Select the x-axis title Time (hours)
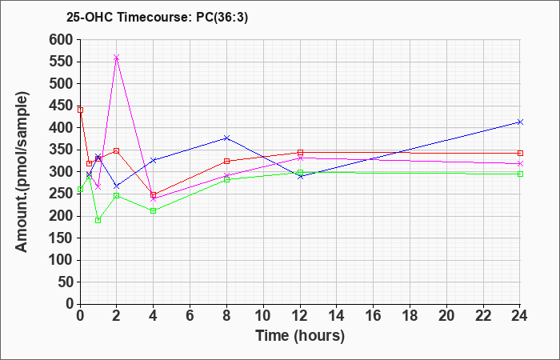tap(300, 335)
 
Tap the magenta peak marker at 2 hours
tap(117, 58)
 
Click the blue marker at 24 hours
tap(520, 122)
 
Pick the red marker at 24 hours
tap(520, 153)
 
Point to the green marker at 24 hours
tap(520, 174)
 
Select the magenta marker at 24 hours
tap(520, 164)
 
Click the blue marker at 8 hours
tap(227, 138)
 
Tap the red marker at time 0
tap(80, 110)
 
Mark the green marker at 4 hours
tap(154, 210)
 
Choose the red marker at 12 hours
tap(300, 152)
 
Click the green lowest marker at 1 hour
tap(98, 220)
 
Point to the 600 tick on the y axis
tap(61, 39)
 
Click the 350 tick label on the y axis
tap(61, 150)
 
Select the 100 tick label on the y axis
tap(61, 260)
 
